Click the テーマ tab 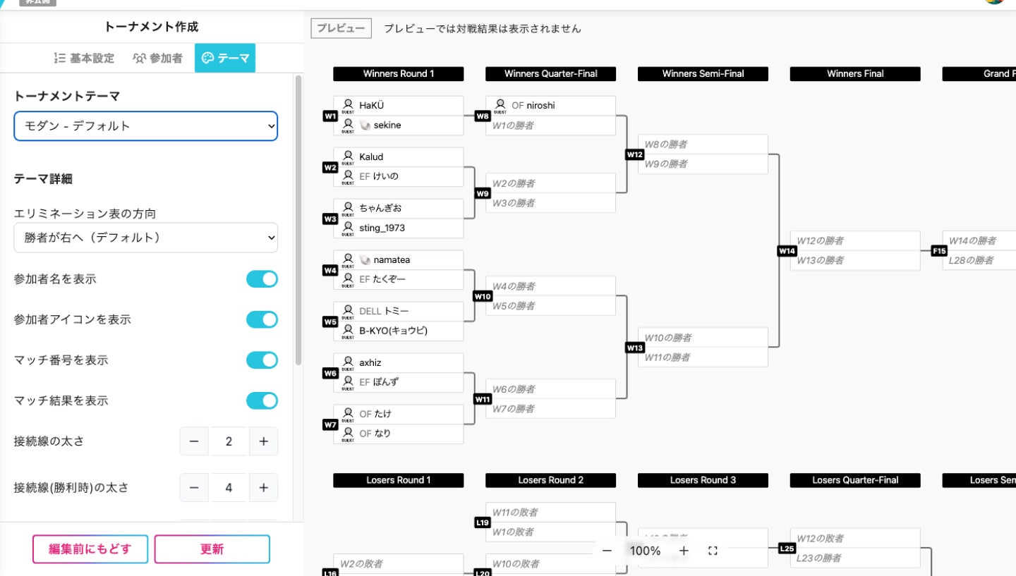(225, 59)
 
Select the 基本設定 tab (84, 59)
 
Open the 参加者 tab (158, 59)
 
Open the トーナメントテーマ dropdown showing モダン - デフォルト (145, 126)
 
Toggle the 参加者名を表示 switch (262, 279)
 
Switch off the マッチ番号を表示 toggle (262, 360)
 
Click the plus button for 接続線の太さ (263, 441)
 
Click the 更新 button (212, 549)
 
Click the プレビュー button (341, 28)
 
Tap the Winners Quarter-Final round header (550, 74)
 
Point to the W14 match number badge (787, 251)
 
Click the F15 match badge (939, 251)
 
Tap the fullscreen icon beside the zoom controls (713, 551)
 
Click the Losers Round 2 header (550, 480)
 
